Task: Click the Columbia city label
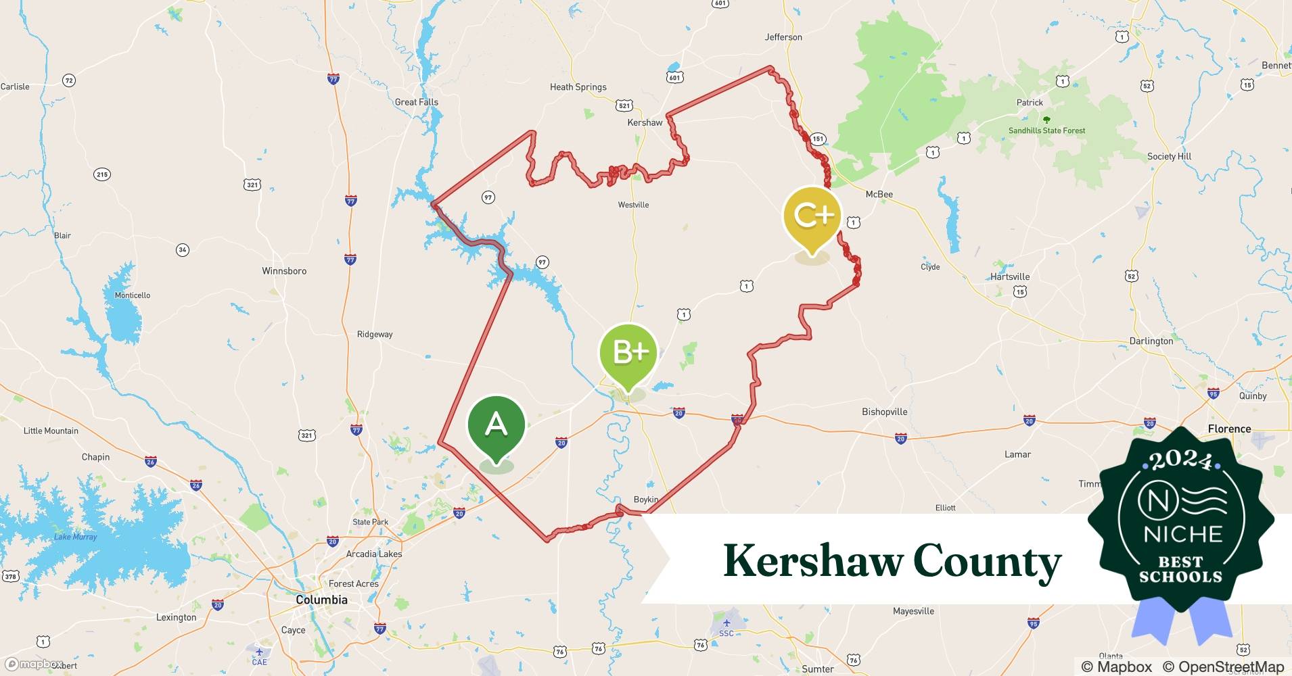pos(321,600)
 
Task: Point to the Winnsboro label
pos(284,271)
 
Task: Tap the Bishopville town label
pos(884,412)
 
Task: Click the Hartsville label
pos(1010,276)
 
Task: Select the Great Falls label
pos(416,102)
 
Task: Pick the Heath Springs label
pos(578,87)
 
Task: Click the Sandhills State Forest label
pos(1046,130)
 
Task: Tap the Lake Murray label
pos(75,537)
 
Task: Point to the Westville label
pos(633,205)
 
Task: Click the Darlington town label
pos(1151,341)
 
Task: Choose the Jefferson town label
pos(783,37)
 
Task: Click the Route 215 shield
pos(101,174)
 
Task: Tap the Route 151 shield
pos(818,139)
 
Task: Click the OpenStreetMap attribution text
pos(1222,667)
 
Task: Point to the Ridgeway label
pos(375,334)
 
